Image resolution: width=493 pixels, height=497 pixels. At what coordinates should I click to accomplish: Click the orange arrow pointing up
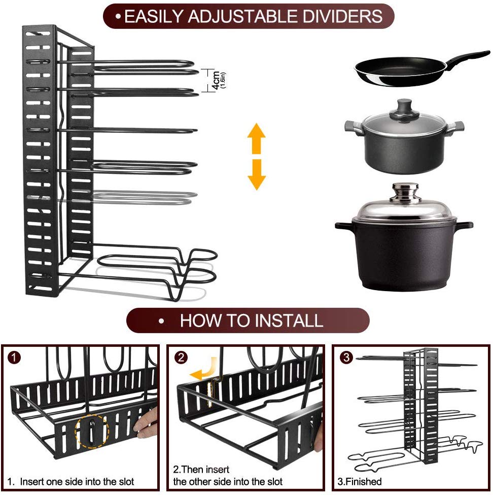coord(257,138)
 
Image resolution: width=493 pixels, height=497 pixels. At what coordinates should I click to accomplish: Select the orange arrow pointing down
coord(257,174)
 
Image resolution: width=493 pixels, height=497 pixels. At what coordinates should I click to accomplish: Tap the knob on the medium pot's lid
coord(404,107)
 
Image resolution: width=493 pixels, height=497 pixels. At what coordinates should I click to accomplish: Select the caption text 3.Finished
coord(360,481)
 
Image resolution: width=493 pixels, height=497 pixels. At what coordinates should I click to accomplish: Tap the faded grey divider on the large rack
coord(147,195)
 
